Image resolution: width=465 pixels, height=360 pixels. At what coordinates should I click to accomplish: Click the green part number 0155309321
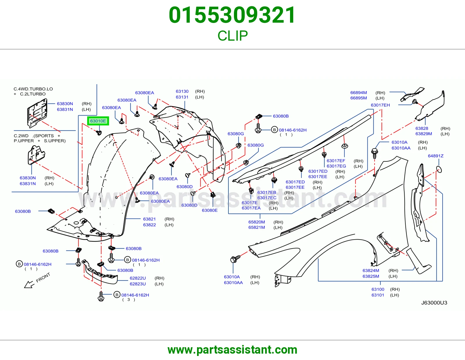click(232, 15)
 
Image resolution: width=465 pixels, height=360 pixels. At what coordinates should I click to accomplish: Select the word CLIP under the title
click(233, 35)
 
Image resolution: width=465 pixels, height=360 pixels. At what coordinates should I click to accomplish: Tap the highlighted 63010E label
click(98, 121)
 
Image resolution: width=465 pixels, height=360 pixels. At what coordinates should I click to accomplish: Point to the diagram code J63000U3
click(434, 303)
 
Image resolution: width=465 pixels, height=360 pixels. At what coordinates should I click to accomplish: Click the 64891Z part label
click(436, 156)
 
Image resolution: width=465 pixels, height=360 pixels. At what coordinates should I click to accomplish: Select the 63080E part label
click(210, 210)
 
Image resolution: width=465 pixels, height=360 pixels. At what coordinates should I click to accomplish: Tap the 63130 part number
click(182, 91)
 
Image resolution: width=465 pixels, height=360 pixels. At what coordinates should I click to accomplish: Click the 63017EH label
click(380, 105)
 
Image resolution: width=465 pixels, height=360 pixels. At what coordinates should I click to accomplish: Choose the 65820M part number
click(257, 222)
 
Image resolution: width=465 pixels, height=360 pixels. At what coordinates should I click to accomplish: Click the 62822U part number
click(137, 278)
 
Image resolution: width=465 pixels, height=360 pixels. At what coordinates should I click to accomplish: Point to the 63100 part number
click(378, 289)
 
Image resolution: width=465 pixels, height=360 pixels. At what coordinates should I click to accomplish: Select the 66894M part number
click(359, 93)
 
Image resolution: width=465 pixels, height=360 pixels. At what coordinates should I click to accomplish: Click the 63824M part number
click(371, 270)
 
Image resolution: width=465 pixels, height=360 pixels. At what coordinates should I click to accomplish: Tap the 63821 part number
click(149, 219)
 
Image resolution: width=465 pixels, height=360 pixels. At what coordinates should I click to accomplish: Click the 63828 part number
click(422, 128)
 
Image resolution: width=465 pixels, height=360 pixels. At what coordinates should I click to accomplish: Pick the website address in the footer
click(233, 350)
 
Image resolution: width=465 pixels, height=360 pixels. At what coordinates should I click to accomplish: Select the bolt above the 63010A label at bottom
click(235, 259)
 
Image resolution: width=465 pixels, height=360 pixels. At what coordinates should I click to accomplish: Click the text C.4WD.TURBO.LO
click(33, 89)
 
